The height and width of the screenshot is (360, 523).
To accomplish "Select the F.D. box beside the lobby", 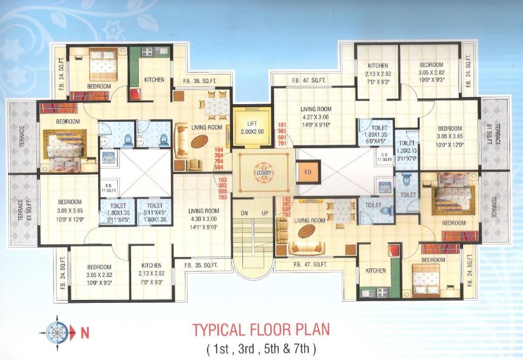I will [x=307, y=174].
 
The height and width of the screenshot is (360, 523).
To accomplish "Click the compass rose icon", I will [x=58, y=332].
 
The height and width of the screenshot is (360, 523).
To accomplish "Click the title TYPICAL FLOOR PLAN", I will [x=261, y=328].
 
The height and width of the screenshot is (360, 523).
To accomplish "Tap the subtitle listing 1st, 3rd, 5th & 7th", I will [x=261, y=347].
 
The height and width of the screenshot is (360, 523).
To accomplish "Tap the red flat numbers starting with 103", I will [x=222, y=189].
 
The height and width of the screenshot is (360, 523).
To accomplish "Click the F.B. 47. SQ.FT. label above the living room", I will [x=308, y=81].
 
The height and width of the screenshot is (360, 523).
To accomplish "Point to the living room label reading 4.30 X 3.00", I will [x=204, y=219].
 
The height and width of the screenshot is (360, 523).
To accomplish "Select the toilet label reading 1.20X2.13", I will [x=407, y=150].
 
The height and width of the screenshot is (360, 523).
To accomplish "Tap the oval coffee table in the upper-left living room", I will [x=199, y=143].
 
